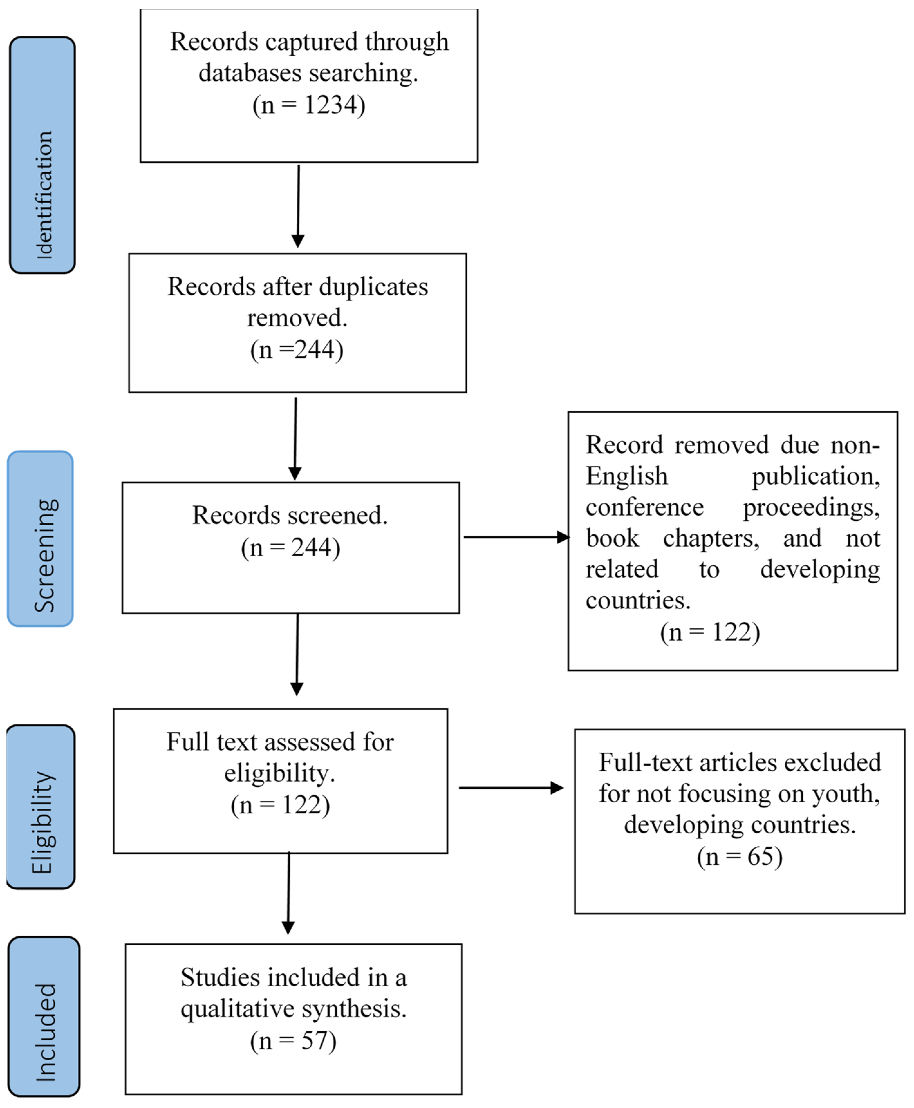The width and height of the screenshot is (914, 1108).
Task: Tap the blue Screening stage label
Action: (41, 539)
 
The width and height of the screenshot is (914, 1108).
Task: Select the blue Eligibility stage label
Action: (41, 807)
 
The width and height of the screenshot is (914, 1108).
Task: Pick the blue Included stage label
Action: (44, 1016)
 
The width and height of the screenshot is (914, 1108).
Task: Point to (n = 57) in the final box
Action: (293, 1041)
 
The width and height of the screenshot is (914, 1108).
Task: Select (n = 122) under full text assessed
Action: (280, 805)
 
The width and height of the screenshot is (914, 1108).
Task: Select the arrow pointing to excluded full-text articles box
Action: (511, 788)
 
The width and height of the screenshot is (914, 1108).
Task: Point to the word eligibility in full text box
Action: (279, 773)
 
